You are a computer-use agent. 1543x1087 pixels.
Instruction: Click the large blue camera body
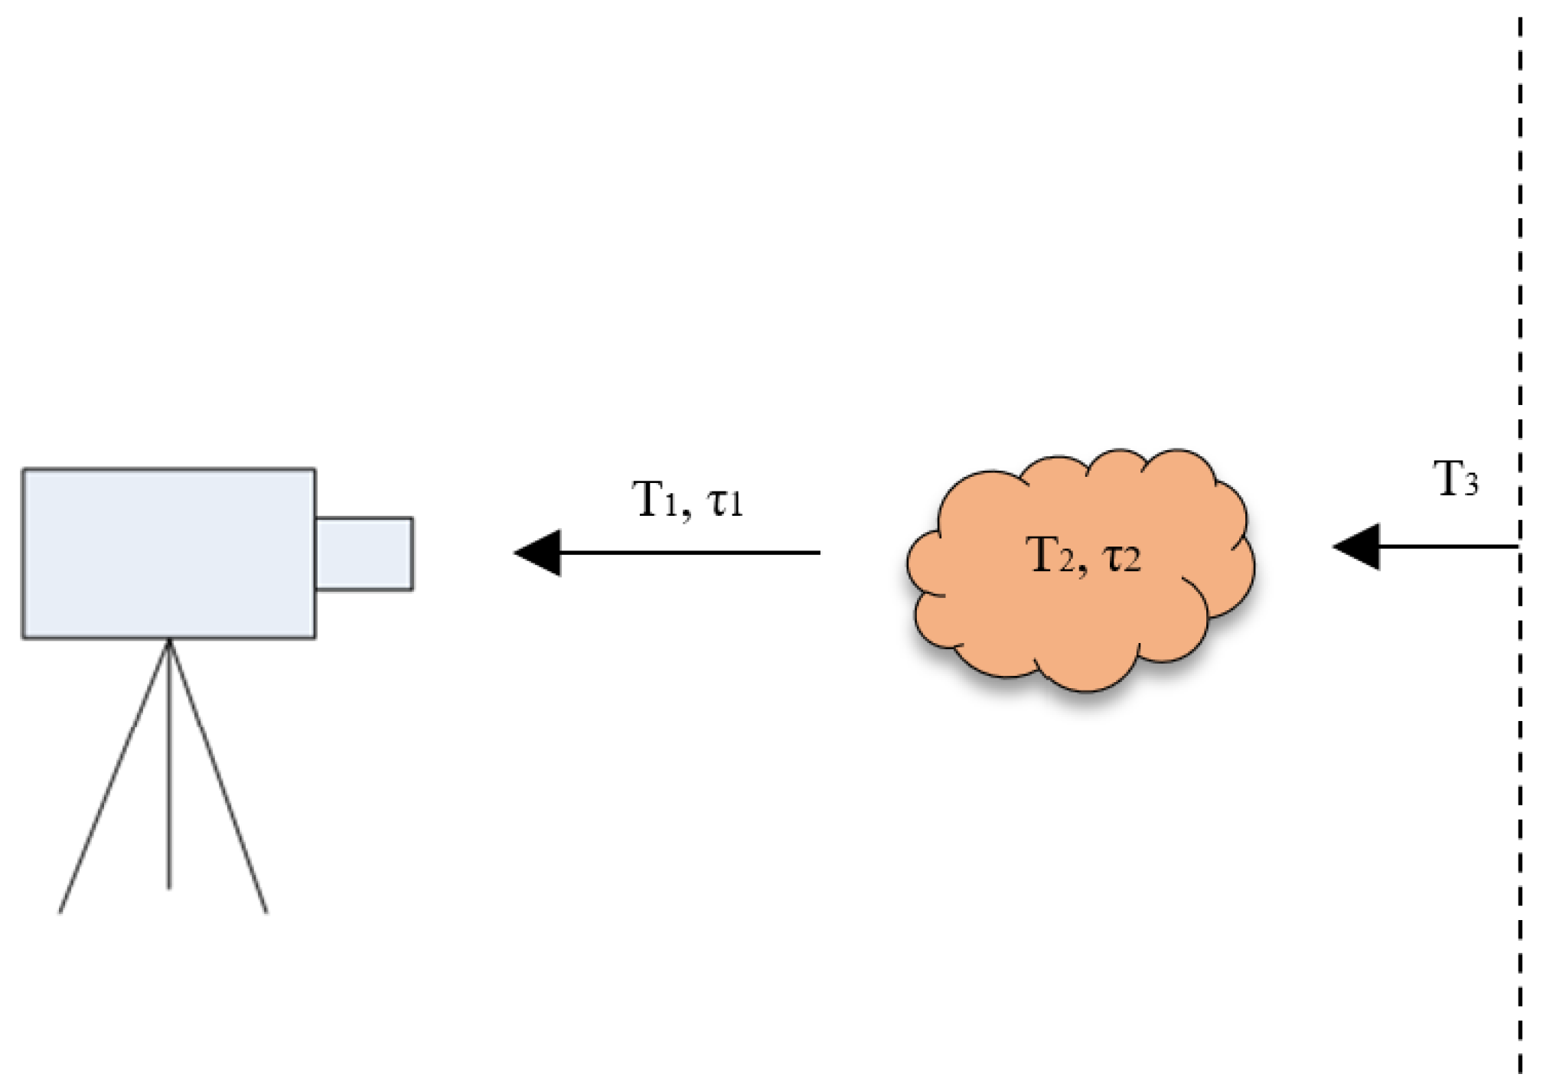tap(168, 553)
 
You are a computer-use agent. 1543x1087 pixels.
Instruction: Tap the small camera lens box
tap(364, 553)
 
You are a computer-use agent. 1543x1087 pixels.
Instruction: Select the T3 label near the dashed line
tap(1454, 481)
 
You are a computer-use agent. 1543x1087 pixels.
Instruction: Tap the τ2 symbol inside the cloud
tap(1121, 558)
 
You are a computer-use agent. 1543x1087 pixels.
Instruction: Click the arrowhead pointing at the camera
tap(539, 553)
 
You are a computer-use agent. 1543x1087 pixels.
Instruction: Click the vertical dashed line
tap(1519, 306)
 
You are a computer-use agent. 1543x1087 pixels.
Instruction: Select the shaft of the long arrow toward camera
tap(689, 553)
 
